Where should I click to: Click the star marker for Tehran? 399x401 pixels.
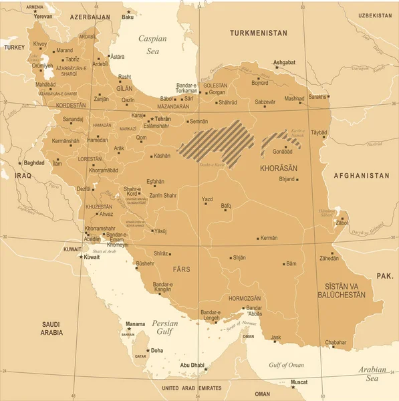pos(152,119)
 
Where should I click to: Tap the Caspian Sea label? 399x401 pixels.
pos(152,44)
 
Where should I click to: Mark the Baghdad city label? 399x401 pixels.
pos(33,162)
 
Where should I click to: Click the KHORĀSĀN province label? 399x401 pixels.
pos(277,169)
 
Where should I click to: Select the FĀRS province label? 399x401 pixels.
pos(181,269)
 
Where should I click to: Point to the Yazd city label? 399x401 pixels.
pos(207,199)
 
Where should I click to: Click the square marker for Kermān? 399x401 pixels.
pos(258,238)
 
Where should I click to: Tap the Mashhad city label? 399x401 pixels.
pos(294,98)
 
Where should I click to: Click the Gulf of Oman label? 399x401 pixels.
pos(287,365)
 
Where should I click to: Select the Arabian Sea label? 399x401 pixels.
pos(371,374)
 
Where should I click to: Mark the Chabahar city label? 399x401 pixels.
pos(336,342)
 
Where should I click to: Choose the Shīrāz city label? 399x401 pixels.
pos(161,253)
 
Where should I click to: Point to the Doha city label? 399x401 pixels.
pos(156,350)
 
